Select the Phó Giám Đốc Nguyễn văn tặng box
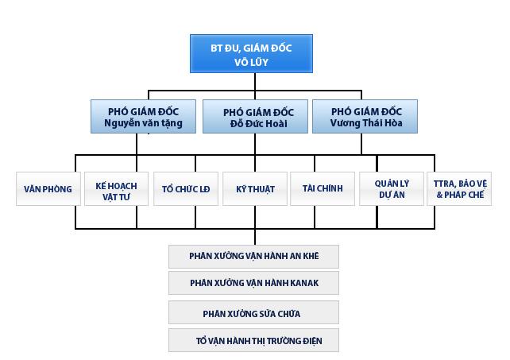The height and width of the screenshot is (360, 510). click(145, 116)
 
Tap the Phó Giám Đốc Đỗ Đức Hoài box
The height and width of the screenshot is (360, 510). click(254, 116)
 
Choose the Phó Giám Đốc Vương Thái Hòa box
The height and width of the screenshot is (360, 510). click(365, 116)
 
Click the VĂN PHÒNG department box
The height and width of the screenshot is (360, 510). click(48, 189)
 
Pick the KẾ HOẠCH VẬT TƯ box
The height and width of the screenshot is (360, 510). click(116, 189)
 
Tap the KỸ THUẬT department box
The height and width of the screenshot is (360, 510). click(254, 189)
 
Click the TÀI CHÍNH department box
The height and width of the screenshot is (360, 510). click(323, 189)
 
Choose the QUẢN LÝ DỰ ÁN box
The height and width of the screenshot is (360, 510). click(391, 189)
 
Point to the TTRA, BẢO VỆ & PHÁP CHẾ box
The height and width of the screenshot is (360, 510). click(460, 189)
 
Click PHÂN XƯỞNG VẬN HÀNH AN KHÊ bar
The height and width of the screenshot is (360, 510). click(254, 257)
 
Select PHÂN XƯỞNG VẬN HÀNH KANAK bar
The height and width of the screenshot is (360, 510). click(254, 282)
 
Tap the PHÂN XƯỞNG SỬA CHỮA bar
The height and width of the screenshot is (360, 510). click(254, 312)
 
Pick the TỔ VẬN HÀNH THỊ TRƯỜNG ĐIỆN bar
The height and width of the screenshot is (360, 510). click(254, 340)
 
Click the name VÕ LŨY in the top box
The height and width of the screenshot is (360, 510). click(253, 61)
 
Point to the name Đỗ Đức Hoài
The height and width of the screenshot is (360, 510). click(254, 123)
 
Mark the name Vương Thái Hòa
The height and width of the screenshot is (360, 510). click(366, 123)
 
